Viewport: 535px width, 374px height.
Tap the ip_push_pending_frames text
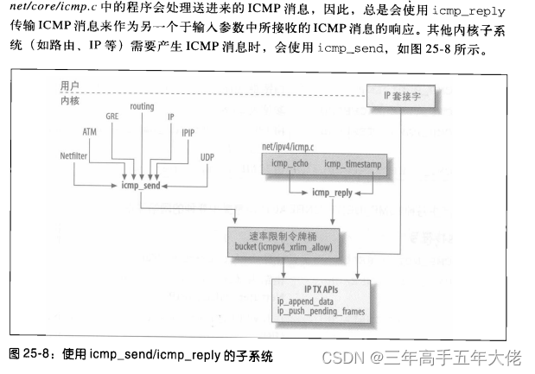(322, 311)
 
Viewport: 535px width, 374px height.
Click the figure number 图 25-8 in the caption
(31, 355)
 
